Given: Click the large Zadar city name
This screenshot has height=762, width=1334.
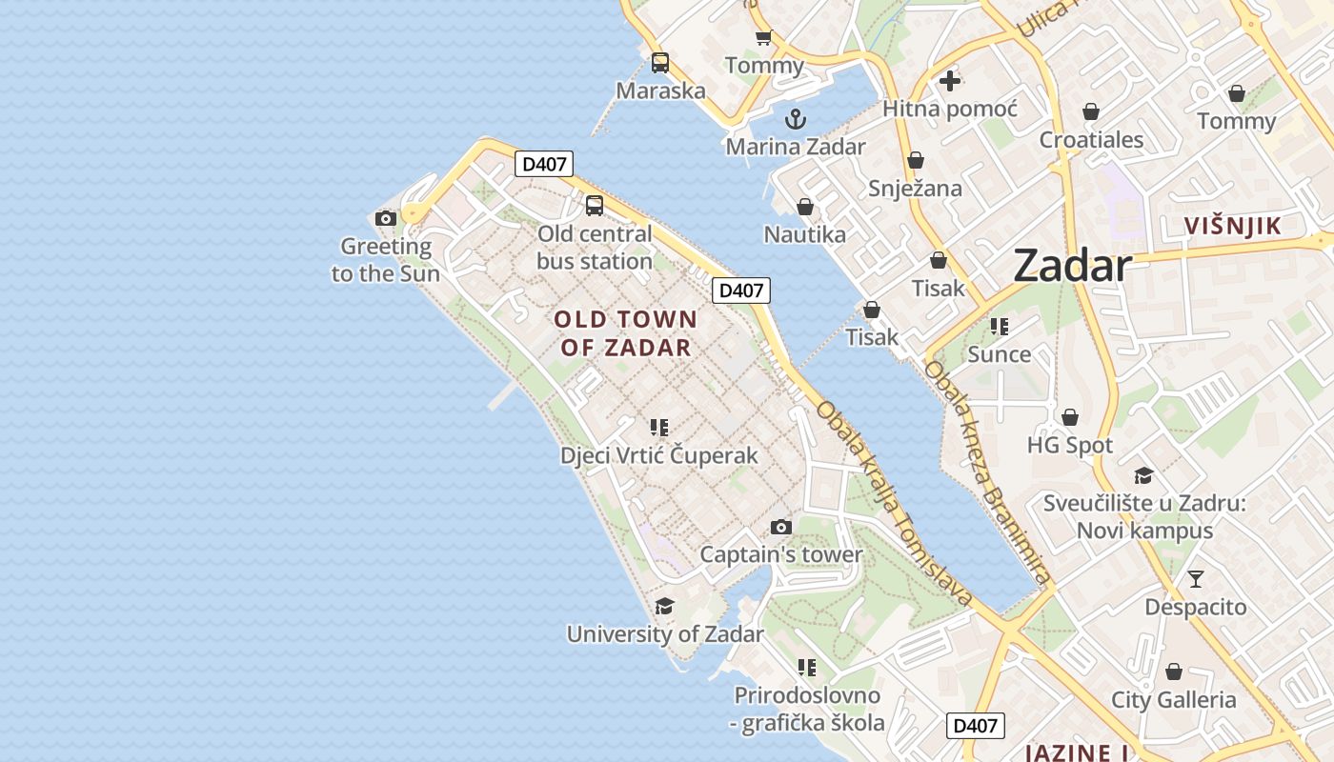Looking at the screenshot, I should (x=1072, y=265).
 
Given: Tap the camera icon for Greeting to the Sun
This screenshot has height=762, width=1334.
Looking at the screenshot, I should (x=386, y=218).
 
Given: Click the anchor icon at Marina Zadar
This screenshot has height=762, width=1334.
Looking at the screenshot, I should (x=795, y=119).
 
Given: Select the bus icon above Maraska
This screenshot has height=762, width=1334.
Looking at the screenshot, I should (x=659, y=63).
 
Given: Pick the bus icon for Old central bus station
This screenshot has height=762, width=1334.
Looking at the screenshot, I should (x=595, y=205).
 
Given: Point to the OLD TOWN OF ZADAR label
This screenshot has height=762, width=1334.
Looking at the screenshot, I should (x=625, y=333).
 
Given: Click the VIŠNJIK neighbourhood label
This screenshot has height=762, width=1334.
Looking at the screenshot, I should (x=1232, y=226).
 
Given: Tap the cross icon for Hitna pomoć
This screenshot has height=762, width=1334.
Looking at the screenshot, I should (x=949, y=81).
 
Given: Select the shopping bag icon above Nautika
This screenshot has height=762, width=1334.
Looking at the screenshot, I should (x=805, y=207).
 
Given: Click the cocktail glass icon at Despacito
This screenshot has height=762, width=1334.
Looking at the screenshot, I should (x=1196, y=578).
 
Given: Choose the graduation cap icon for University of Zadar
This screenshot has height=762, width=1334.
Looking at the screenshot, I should (x=664, y=606).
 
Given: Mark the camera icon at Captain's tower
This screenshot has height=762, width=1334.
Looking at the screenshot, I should (x=780, y=527).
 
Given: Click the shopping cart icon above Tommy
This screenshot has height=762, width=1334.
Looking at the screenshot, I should (x=763, y=38).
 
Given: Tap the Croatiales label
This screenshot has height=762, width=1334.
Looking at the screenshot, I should (x=1091, y=140).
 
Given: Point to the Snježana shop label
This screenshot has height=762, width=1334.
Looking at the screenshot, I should (x=915, y=188).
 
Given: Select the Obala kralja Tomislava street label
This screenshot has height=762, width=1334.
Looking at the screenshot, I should (x=895, y=504).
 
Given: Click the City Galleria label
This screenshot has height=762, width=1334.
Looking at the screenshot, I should (x=1174, y=700).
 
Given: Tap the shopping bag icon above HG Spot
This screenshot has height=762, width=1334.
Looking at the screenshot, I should (x=1070, y=417).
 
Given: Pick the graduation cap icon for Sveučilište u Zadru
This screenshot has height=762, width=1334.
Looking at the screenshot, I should (x=1143, y=475).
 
